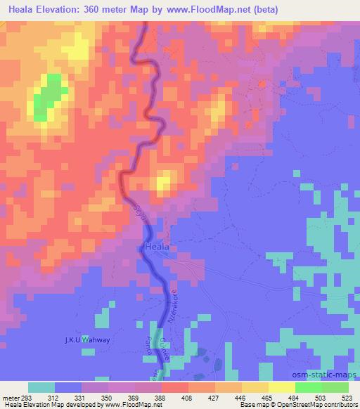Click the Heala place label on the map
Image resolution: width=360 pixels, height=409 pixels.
click(155, 247)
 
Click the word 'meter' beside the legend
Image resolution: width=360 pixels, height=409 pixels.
click(11, 396)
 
